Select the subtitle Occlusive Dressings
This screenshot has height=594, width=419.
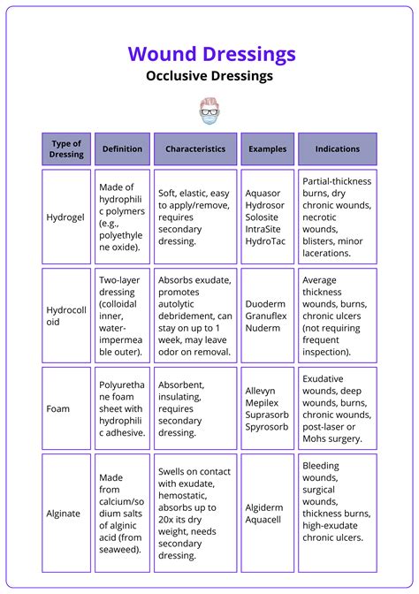(209, 76)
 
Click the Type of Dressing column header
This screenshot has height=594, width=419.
(66, 148)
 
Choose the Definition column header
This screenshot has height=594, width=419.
(122, 149)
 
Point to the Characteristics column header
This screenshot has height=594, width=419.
(195, 149)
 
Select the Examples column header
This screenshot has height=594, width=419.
(267, 149)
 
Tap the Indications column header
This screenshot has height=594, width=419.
(337, 149)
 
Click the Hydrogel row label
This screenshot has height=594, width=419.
(65, 217)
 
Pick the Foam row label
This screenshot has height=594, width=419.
(58, 409)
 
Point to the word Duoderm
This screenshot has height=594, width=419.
(266, 303)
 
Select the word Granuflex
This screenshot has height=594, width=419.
(269, 316)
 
